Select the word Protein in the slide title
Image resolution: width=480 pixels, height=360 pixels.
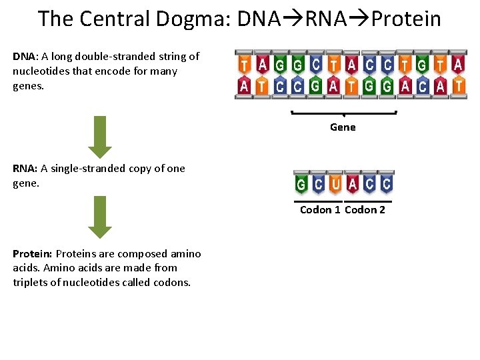point(406,19)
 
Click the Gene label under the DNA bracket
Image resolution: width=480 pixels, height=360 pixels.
point(343,127)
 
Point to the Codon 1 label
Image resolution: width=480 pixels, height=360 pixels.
point(320,210)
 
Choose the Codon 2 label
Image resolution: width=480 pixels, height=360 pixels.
point(365,210)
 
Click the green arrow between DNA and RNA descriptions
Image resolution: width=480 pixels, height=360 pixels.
point(100,137)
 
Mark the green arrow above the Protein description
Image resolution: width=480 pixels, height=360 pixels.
point(100,217)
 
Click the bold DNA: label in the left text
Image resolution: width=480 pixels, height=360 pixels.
point(25,57)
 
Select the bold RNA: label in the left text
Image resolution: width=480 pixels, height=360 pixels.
point(25,169)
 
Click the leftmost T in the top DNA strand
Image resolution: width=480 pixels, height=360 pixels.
point(245,65)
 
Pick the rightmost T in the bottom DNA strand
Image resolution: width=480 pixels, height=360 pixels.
point(458,85)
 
